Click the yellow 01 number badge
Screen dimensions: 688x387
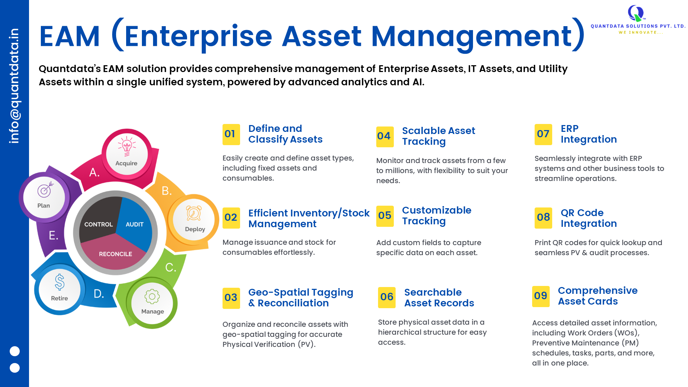(x=231, y=134)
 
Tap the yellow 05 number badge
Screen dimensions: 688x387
(x=385, y=216)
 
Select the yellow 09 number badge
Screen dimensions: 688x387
(x=541, y=296)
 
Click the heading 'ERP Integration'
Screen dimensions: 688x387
(x=589, y=134)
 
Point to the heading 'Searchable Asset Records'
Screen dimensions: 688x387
(x=439, y=297)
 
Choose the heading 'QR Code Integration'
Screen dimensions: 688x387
(x=589, y=218)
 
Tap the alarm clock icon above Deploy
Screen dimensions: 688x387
(x=194, y=213)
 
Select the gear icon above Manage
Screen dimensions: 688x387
(x=152, y=296)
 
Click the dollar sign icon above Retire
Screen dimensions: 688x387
(x=59, y=282)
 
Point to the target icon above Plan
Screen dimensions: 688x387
(x=46, y=189)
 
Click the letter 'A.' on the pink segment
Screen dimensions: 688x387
(x=94, y=172)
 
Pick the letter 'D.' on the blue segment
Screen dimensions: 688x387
(x=99, y=294)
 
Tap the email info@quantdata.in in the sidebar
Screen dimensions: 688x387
(x=14, y=86)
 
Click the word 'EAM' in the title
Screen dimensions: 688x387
(x=70, y=36)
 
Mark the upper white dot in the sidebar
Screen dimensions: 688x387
(x=15, y=351)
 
